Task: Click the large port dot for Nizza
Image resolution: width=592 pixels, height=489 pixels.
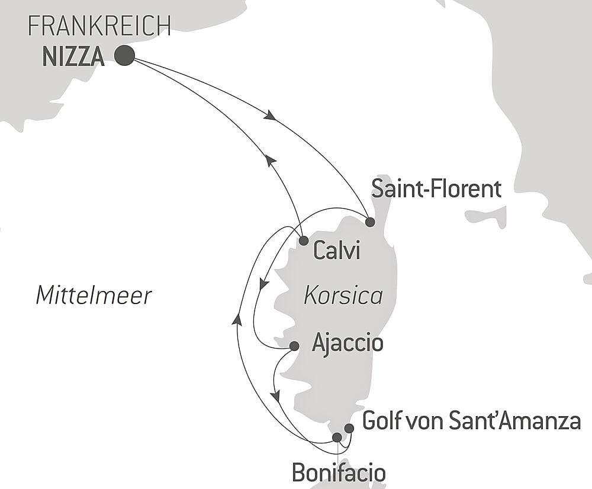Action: pos(124,56)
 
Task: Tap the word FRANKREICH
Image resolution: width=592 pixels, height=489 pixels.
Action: pos(99,26)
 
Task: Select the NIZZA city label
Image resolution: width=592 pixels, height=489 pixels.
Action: pos(74,57)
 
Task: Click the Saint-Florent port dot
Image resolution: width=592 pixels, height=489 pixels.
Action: pos(370,222)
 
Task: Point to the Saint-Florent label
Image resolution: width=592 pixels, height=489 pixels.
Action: pos(436,190)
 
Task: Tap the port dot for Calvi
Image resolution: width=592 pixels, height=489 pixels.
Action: pos(303,241)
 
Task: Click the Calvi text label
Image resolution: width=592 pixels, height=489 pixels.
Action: pos(336,251)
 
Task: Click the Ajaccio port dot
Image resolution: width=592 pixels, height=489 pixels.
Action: pos(294,346)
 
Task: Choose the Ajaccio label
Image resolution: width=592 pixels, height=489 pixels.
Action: pos(347,343)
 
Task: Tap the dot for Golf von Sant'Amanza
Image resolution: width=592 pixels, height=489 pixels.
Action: pos(349,428)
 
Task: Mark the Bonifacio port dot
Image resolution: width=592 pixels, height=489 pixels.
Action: pos(337,437)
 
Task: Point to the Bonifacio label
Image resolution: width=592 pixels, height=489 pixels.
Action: pos(339,472)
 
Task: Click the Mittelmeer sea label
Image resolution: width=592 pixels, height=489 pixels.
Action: pos(94,295)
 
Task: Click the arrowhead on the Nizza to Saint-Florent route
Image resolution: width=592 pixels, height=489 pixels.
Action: pos(270,116)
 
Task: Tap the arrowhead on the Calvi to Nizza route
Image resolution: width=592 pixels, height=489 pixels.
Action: pos(270,159)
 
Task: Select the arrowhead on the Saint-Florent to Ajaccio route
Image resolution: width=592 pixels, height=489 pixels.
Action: pos(264,286)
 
